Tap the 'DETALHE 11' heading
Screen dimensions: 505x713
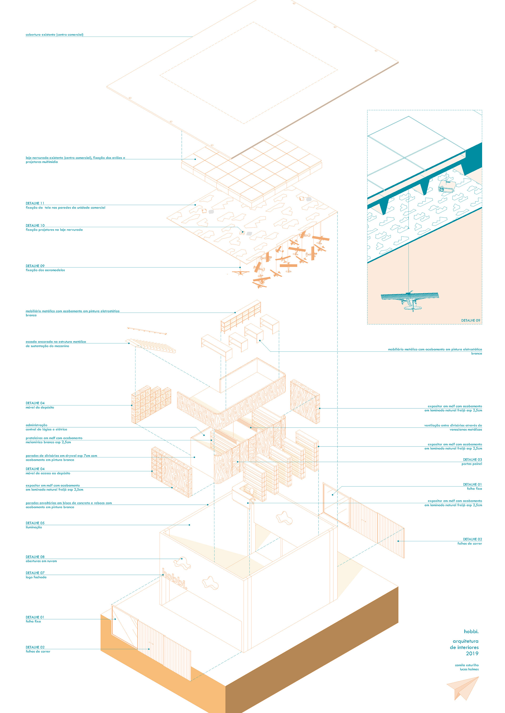[35, 203]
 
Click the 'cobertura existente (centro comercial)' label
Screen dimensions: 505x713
[54, 35]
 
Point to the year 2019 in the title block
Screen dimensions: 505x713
[472, 653]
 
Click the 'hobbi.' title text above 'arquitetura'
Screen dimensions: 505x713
[471, 631]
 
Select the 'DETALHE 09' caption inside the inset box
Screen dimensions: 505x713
[471, 320]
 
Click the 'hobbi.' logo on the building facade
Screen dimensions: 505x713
[174, 579]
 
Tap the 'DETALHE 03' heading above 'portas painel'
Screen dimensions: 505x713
[472, 460]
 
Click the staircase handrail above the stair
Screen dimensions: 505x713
[147, 330]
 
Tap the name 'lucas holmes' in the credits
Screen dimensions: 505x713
[469, 669]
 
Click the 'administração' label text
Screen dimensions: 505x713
[36, 425]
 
